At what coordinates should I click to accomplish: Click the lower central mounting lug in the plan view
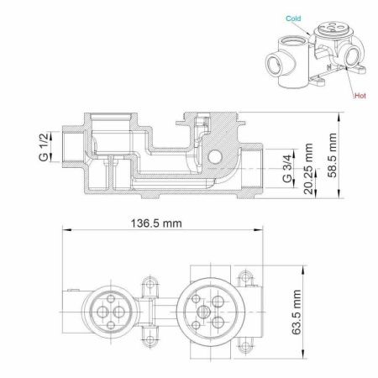tap(152, 340)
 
